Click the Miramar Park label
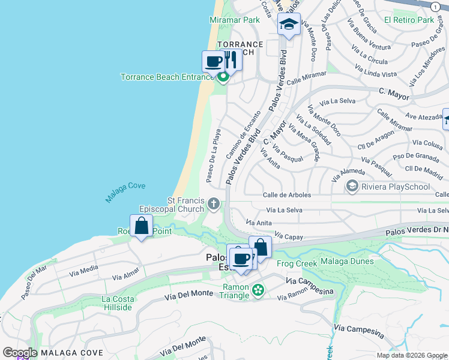[235, 20]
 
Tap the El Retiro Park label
[409, 20]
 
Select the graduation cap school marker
[289, 25]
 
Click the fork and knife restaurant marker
[231, 60]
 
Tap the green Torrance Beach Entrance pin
[223, 77]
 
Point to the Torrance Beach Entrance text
[167, 77]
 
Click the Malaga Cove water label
[125, 191]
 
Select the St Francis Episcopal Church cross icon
[213, 205]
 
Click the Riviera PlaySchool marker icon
[352, 187]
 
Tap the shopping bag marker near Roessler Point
[142, 226]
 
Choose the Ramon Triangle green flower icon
[258, 290]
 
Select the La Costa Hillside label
[116, 303]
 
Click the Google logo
[20, 353]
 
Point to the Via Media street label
[83, 271]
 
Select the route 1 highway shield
[434, 6]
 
